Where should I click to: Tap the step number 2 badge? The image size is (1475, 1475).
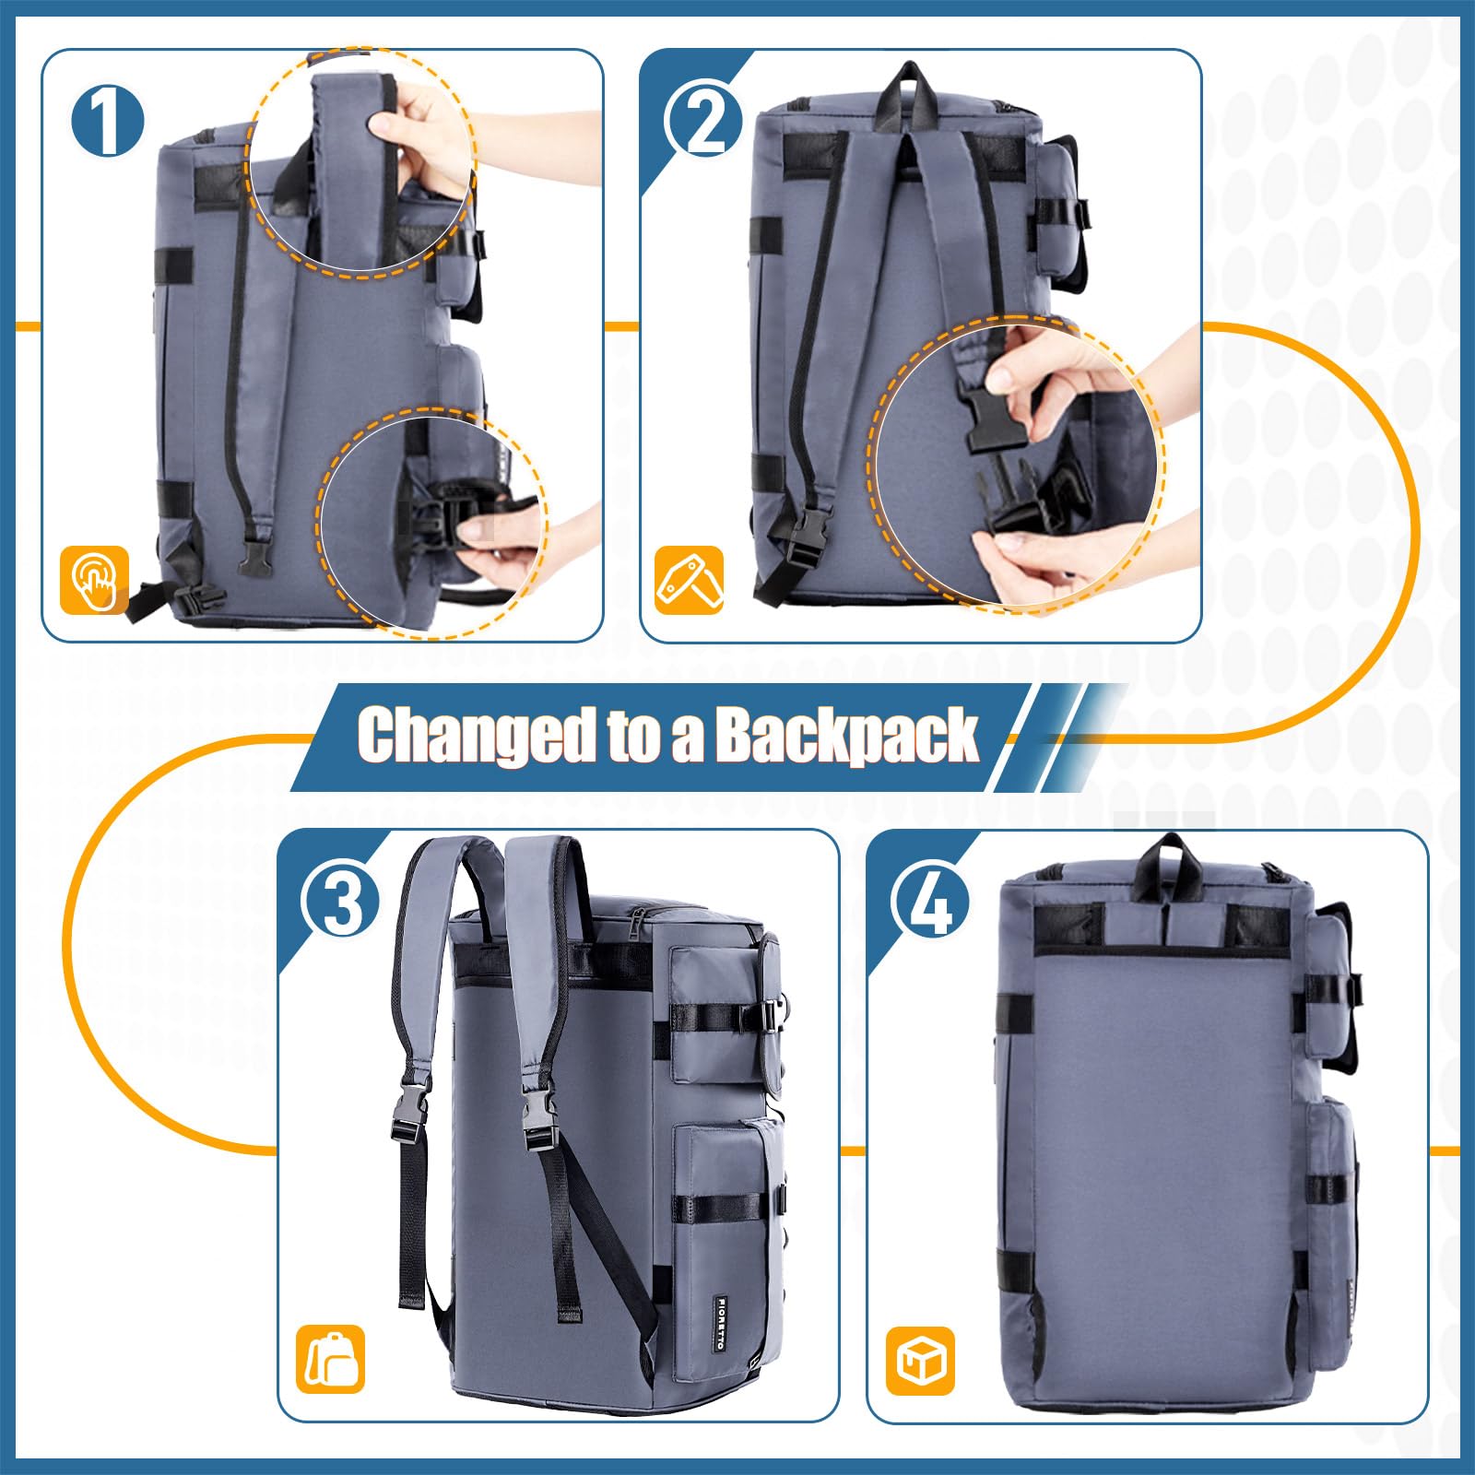pyautogui.click(x=705, y=120)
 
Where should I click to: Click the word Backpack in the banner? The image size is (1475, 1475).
pyautogui.click(x=846, y=736)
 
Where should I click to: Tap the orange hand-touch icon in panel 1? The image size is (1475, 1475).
pyautogui.click(x=95, y=580)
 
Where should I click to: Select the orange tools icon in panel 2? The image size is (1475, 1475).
pyautogui.click(x=690, y=580)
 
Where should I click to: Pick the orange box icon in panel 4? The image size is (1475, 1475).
pyautogui.click(x=920, y=1360)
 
